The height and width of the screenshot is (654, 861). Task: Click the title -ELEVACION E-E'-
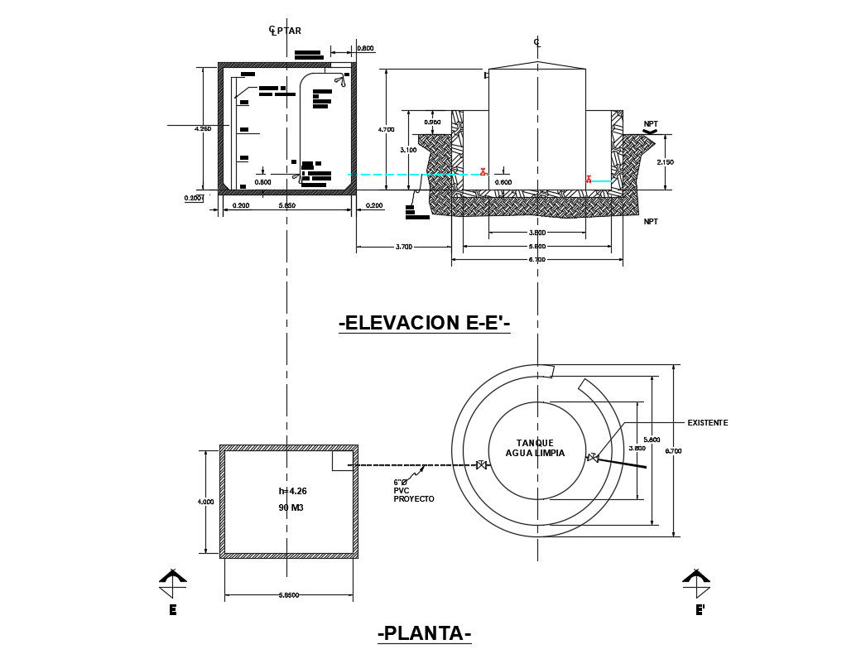(424, 323)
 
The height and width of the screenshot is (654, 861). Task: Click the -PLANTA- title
(424, 633)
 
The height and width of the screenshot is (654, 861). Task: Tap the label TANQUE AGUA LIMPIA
(535, 448)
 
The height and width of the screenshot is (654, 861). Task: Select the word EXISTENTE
(707, 423)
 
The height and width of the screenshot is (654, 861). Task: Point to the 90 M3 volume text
(291, 507)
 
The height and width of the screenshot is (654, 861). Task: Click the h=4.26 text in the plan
(292, 492)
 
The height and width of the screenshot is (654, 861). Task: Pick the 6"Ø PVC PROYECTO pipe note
(413, 491)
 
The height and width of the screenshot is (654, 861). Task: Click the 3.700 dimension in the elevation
(403, 248)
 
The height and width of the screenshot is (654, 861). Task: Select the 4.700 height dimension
(386, 129)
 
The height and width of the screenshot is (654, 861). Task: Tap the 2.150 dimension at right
(665, 162)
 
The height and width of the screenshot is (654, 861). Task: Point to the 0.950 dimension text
(432, 123)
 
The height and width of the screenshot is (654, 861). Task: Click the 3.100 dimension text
(408, 150)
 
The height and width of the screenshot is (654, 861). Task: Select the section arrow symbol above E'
(697, 579)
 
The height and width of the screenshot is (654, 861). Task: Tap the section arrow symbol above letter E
(173, 579)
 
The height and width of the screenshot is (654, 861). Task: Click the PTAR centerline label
(286, 31)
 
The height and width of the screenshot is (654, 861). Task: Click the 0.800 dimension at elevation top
(365, 48)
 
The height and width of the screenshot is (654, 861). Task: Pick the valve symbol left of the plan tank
(481, 465)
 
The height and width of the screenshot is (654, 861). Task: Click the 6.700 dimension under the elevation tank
(536, 260)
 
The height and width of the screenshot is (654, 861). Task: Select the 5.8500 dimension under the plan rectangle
(288, 594)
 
